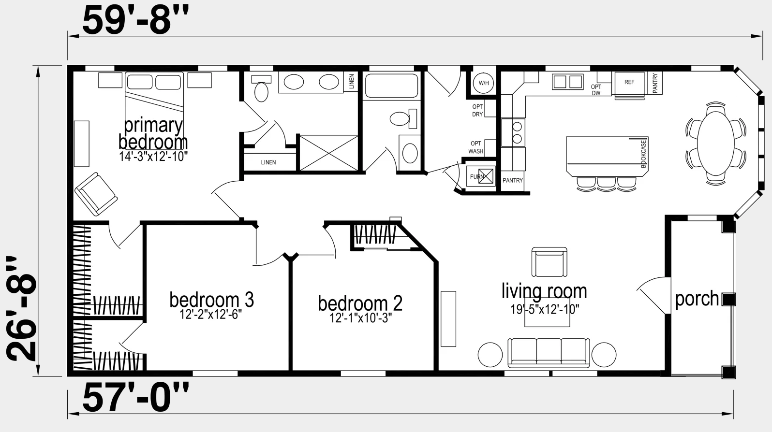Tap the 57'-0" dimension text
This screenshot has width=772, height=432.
(135, 398)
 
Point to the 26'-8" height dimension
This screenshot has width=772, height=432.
(21, 309)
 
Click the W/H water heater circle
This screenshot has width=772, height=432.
(484, 83)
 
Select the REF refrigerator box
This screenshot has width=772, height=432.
(629, 84)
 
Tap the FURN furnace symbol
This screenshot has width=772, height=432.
(481, 176)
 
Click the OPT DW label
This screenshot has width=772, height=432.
(596, 90)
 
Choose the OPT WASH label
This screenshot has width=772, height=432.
(475, 147)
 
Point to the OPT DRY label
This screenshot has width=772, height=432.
(477, 111)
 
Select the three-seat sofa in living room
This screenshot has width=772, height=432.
(549, 352)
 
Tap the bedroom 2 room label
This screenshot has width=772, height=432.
(360, 303)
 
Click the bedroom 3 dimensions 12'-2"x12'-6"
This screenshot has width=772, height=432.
(211, 314)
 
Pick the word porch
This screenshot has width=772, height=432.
(697, 299)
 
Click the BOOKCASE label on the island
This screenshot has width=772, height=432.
(643, 154)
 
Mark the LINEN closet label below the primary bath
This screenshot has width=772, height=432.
(268, 162)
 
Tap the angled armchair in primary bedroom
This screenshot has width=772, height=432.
(96, 194)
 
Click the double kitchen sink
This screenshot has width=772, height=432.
(567, 82)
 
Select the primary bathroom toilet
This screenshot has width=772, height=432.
(261, 89)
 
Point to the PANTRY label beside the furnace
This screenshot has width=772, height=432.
(512, 180)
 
